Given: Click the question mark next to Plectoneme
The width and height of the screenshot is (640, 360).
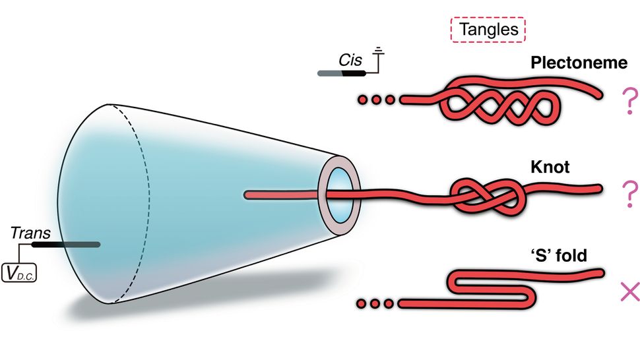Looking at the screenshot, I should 627,103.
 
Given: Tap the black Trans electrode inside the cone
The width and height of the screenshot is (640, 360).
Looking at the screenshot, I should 66,245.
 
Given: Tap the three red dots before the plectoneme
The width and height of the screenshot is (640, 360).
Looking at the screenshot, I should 377,100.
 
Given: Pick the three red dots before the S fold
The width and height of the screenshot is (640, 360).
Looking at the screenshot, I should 377,303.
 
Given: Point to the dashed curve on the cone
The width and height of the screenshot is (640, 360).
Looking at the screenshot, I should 151,198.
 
